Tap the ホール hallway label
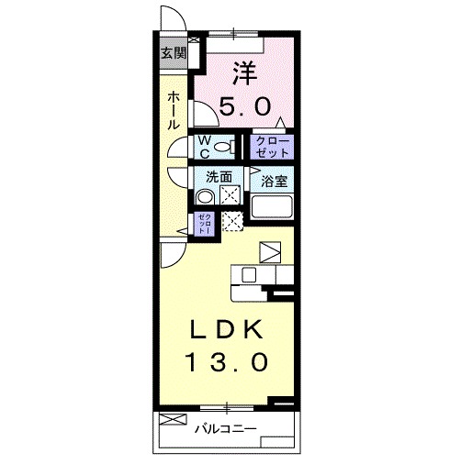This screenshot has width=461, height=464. coord(174,109)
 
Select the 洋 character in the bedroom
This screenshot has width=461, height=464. coord(242,70)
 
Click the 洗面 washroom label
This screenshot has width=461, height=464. coord(219,177)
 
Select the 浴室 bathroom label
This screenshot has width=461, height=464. coord(273,181)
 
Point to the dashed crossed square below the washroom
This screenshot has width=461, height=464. coord(233,221)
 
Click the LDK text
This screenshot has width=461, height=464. coord(230,328)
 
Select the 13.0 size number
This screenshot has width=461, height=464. coord(230,362)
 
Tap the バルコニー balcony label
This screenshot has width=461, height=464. coord(224,427)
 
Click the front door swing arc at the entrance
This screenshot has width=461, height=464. coord(168,20)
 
